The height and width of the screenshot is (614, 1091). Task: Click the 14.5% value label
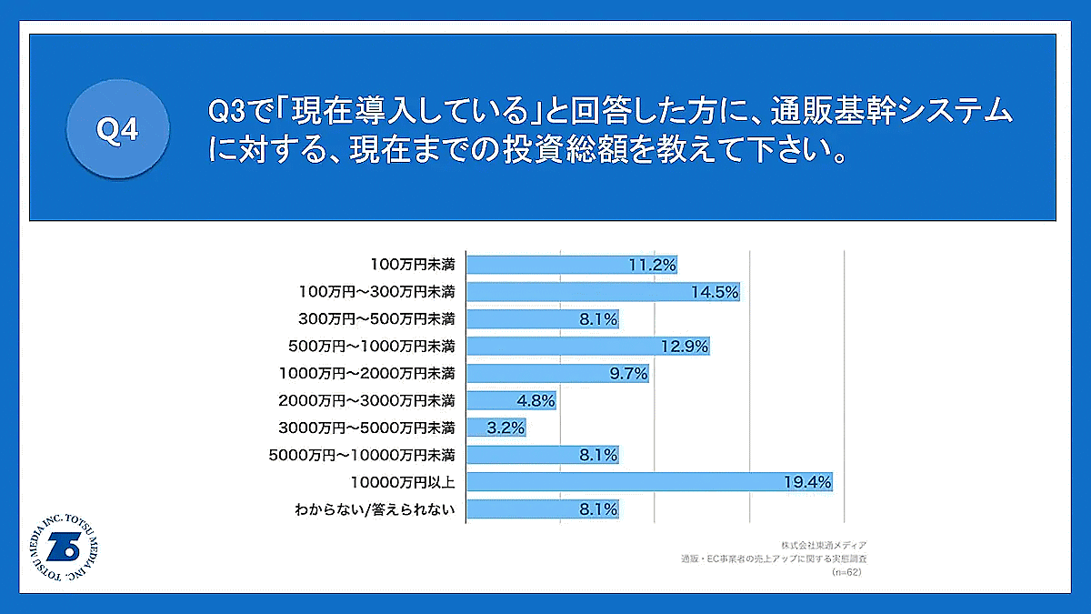(715, 292)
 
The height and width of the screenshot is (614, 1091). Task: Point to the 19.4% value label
(807, 482)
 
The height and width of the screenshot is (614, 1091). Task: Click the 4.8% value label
(535, 400)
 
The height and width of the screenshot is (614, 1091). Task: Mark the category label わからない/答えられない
(374, 508)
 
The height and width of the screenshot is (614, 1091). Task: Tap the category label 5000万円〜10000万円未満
(363, 454)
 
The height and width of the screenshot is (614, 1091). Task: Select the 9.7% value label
(626, 373)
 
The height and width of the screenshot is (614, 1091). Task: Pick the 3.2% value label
(505, 428)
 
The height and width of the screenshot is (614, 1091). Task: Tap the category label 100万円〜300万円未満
(376, 292)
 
